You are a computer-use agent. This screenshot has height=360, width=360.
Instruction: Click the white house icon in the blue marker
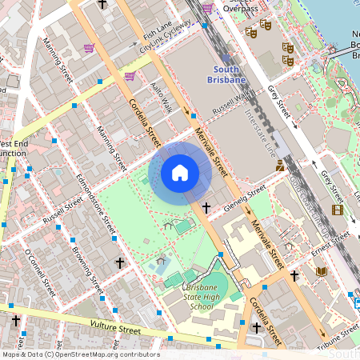pos(180,172)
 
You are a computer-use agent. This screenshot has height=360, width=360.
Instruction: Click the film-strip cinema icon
pos(338,210)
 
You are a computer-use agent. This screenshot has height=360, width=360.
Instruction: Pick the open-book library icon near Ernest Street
pos(322,271)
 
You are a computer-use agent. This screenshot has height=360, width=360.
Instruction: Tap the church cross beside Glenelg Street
pos(206,207)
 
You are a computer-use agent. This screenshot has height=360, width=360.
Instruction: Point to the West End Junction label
pos(11,148)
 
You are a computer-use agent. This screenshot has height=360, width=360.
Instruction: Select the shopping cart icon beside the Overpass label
pos(208,8)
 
